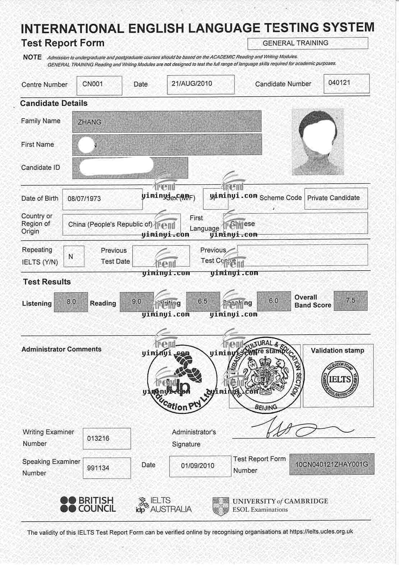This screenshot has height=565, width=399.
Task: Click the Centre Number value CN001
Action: click(x=93, y=84)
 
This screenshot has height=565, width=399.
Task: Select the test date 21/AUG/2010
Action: click(x=192, y=84)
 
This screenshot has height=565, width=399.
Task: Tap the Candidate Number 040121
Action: click(x=339, y=83)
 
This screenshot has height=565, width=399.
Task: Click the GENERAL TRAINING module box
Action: click(x=296, y=43)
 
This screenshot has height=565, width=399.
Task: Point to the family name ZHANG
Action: click(x=89, y=122)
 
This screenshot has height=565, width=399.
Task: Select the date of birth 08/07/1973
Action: click(x=84, y=198)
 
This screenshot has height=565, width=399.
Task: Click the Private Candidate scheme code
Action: click(x=333, y=198)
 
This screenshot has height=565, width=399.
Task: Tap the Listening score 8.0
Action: click(x=71, y=302)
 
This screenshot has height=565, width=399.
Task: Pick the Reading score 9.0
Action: click(x=136, y=302)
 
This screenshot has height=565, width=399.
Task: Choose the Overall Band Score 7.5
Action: click(x=350, y=300)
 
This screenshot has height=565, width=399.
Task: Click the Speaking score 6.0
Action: click(x=274, y=301)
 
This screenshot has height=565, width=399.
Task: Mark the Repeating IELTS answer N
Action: click(x=71, y=257)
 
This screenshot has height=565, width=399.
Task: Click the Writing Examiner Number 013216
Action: click(x=98, y=438)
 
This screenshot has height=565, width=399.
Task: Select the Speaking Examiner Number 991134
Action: click(x=98, y=468)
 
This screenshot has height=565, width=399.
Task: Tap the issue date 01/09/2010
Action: click(x=198, y=466)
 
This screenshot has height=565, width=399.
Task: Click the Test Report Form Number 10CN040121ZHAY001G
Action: click(x=331, y=464)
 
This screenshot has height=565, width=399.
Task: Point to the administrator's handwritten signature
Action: click(x=298, y=428)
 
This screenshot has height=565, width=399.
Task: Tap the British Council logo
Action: click(x=88, y=504)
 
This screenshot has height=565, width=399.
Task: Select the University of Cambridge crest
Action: click(x=221, y=506)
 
